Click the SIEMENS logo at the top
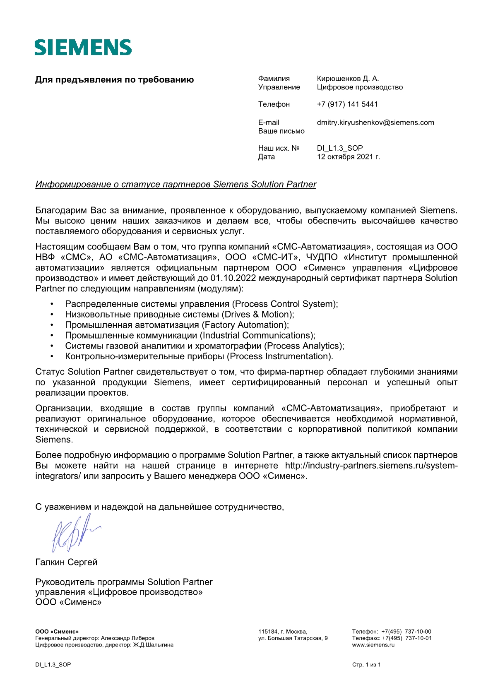[83, 48]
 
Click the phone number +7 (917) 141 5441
[347, 104]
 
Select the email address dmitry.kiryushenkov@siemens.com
[375, 123]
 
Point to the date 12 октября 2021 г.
[348, 157]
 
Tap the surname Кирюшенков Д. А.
[348, 79]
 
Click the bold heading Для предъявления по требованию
[114, 80]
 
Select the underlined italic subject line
[176, 185]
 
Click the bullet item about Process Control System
[201, 304]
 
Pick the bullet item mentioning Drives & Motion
[179, 315]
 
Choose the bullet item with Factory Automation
[177, 325]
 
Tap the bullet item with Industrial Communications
[190, 335]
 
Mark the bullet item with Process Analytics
[204, 346]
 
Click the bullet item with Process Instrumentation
[199, 356]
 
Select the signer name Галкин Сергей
[66, 562]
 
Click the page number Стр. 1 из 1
[366, 665]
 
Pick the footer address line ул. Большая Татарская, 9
[293, 638]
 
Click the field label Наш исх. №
[279, 148]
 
